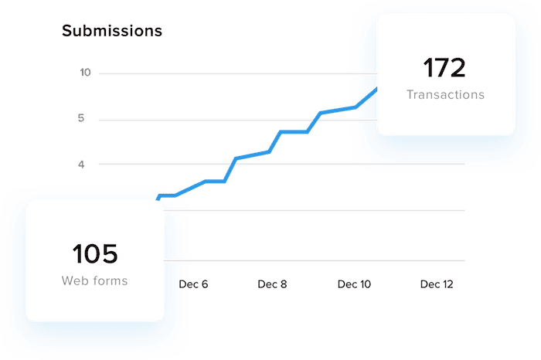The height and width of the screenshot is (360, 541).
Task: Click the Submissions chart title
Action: point(112,31)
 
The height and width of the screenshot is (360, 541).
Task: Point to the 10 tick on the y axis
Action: point(85,73)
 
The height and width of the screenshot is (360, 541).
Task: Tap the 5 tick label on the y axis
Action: point(81,119)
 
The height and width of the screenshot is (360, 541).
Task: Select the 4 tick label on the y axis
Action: point(81,164)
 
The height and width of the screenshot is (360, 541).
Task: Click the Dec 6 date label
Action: point(194,284)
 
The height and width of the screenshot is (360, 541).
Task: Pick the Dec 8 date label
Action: point(272,284)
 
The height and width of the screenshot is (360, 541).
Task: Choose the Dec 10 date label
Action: point(354,284)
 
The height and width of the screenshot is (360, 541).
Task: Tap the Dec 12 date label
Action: point(437,284)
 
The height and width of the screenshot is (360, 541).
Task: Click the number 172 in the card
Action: point(444,68)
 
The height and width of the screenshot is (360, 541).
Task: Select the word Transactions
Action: point(446,95)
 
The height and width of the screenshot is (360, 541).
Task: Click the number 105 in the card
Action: point(95,253)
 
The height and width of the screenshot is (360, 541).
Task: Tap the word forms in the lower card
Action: point(110,280)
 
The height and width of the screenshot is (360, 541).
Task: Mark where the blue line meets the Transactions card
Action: point(376,90)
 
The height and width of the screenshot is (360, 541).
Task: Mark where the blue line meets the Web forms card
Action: point(161,199)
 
